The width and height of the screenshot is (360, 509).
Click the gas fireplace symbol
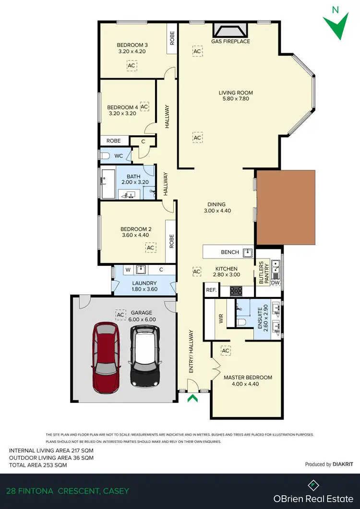(x=230, y=31)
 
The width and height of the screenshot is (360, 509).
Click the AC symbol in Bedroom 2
(x=151, y=247)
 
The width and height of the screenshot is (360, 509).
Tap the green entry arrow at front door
(x=193, y=397)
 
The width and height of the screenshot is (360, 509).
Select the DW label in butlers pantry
(x=275, y=283)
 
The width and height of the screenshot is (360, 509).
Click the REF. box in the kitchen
(x=211, y=290)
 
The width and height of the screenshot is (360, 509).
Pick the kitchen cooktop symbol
(x=237, y=290)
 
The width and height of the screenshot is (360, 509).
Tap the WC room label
(x=119, y=155)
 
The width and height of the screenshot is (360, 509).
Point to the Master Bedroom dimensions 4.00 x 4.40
(x=248, y=384)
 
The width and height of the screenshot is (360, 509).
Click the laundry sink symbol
(x=141, y=269)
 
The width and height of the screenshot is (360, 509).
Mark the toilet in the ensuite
(x=241, y=322)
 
